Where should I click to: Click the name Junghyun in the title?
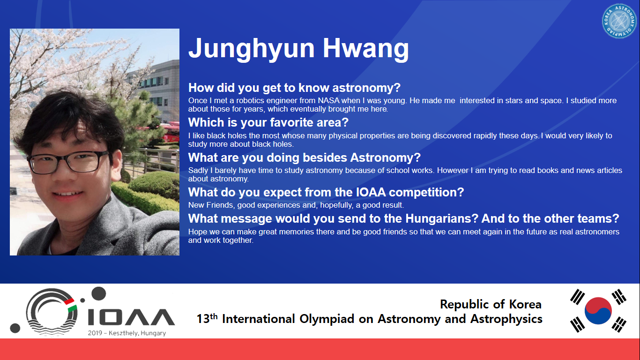[252, 49]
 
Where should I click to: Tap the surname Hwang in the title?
[366, 49]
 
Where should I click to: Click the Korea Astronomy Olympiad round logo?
[619, 21]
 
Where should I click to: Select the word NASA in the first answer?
[328, 101]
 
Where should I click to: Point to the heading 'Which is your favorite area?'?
[268, 122]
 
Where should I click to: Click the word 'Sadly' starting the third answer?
[198, 171]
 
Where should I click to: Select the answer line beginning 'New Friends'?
[296, 205]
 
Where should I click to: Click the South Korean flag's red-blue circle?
[598, 310]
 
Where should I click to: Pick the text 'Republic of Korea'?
[491, 304]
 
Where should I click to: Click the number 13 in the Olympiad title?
[203, 319]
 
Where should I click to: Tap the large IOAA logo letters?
[131, 317]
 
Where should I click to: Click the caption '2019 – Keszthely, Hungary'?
[127, 333]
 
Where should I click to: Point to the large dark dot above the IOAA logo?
[98, 293]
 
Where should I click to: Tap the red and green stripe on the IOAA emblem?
[71, 305]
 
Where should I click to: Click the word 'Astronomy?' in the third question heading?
[386, 157]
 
